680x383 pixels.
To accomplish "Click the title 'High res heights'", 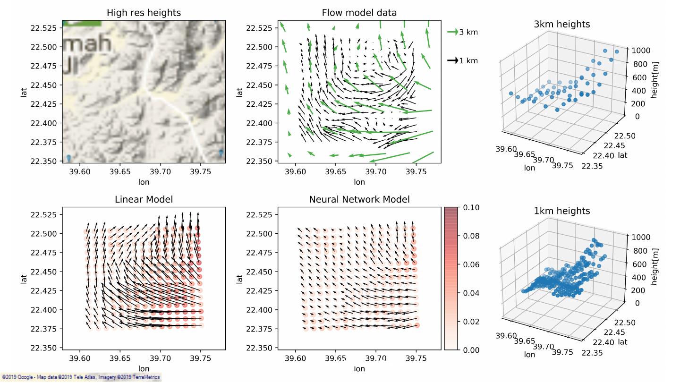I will click(144, 13).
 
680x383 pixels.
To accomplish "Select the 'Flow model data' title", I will click(359, 13).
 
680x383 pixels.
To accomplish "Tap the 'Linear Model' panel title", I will click(144, 200).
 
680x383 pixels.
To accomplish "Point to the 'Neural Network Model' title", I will click(359, 200).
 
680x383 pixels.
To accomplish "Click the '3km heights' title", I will click(561, 24).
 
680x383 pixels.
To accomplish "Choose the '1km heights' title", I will click(561, 211).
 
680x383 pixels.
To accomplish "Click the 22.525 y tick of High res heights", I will click(43, 28).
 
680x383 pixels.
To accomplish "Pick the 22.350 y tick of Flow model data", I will click(259, 161).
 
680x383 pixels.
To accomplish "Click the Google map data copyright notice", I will click(81, 377).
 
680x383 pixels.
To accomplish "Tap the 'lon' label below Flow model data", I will click(359, 182).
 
